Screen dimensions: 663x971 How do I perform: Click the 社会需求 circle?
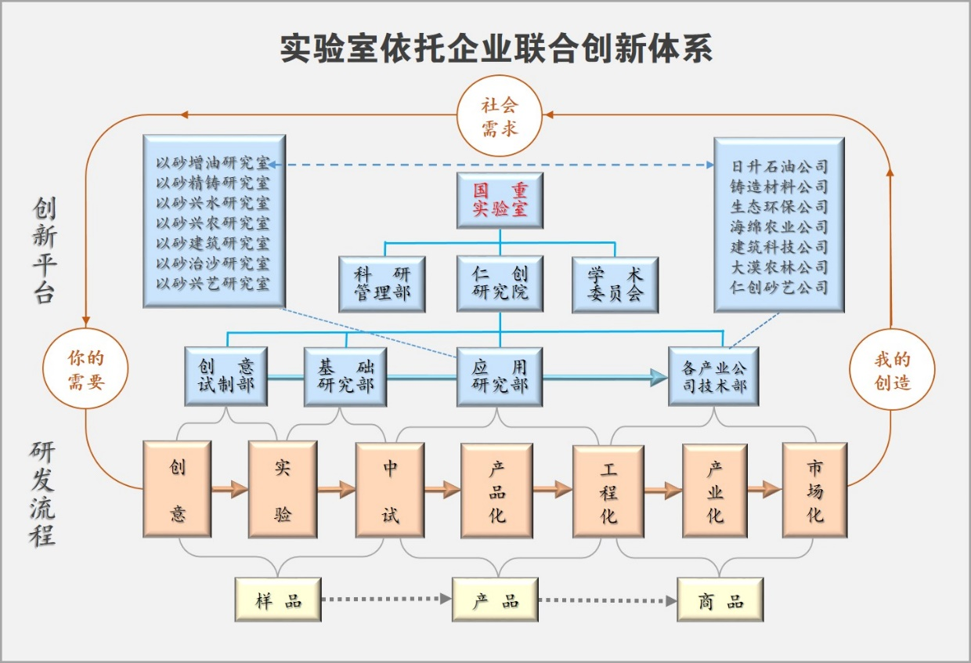[500, 117]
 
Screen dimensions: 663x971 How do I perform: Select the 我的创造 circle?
[892, 371]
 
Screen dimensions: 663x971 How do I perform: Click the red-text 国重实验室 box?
[500, 201]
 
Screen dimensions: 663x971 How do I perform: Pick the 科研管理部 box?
[382, 284]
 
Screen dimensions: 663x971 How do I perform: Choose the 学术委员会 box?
[615, 284]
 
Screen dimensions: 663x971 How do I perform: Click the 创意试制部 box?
[226, 376]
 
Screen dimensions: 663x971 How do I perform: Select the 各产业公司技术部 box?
[713, 376]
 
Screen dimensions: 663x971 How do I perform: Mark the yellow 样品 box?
[278, 600]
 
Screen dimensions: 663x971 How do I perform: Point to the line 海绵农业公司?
[779, 227]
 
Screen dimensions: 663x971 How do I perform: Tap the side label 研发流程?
[43, 493]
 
